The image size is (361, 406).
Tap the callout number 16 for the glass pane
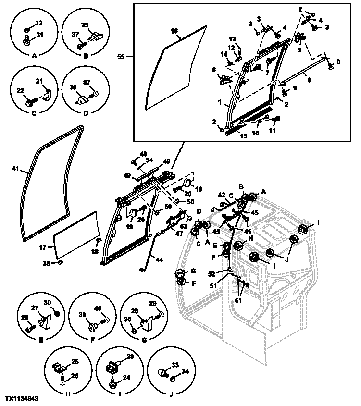[x=174, y=31]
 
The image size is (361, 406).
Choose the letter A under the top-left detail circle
[x=34, y=56]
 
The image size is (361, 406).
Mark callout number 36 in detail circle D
[x=72, y=87]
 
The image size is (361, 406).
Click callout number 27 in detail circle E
[x=34, y=309]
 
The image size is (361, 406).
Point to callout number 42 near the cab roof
[x=222, y=195]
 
